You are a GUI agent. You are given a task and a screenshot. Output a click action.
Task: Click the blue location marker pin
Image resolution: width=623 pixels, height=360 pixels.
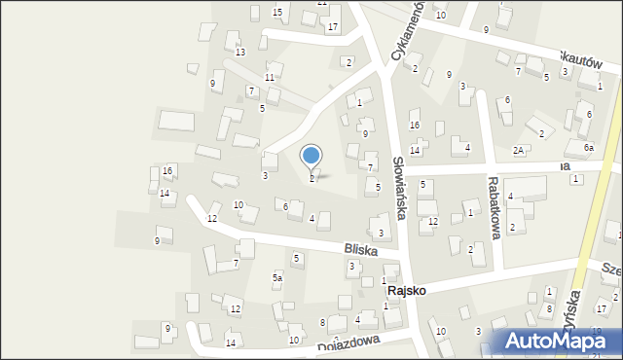(x=311, y=156)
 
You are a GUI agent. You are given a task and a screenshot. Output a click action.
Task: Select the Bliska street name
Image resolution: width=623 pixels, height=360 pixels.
(x=359, y=249)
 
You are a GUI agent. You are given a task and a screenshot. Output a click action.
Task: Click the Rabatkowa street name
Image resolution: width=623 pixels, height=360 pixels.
(x=494, y=207)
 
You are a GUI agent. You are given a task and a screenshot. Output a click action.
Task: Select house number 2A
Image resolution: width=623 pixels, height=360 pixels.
(x=520, y=150)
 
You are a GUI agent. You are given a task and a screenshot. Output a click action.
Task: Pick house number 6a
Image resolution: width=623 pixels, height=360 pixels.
(x=588, y=147)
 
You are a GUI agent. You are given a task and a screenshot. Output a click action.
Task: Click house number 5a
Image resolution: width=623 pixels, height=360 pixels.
(x=277, y=278)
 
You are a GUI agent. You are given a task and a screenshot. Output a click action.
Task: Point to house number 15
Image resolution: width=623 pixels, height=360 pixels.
(x=277, y=12)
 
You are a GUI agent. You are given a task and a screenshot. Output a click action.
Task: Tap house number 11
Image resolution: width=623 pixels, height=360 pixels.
(x=270, y=77)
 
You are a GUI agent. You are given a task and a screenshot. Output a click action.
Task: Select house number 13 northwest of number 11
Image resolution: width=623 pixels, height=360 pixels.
(x=239, y=52)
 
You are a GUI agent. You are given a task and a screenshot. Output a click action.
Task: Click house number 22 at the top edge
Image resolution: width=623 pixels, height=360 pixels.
(x=322, y=3)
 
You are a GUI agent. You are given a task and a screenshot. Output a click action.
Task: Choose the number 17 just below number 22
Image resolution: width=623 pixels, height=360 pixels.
(x=333, y=26)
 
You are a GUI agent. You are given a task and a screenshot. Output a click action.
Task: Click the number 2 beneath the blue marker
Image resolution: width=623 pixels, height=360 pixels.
(x=311, y=178)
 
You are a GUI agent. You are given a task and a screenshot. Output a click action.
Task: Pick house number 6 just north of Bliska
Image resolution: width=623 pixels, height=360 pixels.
(x=285, y=206)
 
